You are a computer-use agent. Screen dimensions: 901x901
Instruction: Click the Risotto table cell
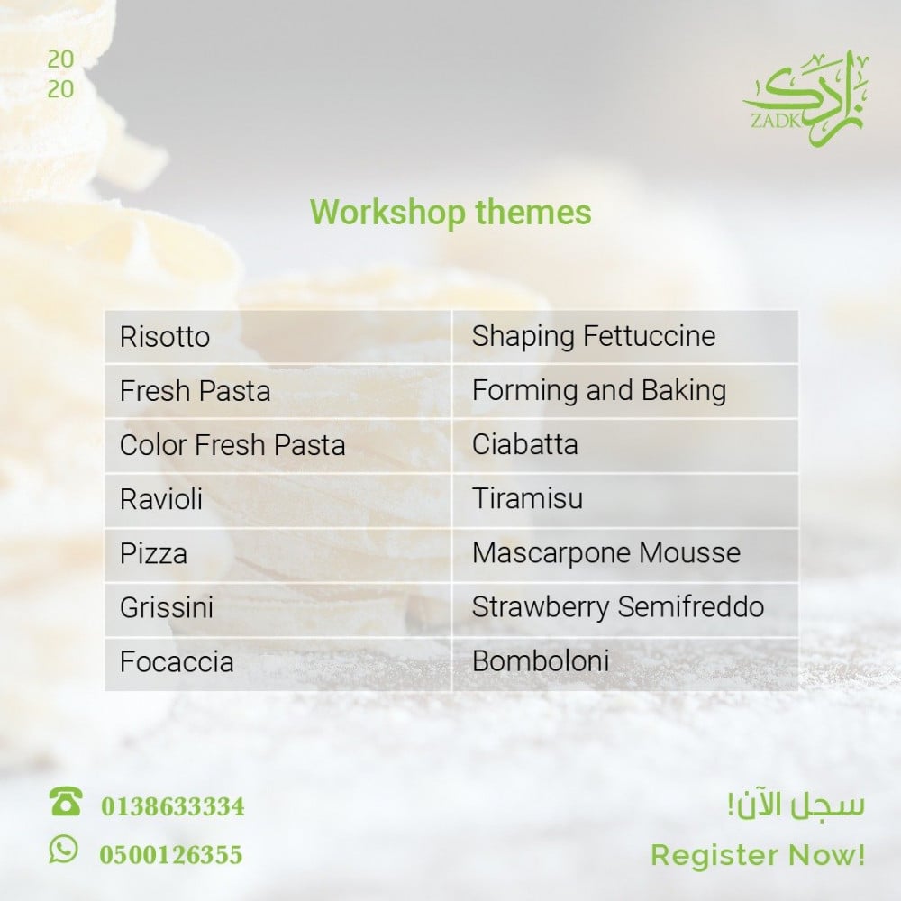pos(278,337)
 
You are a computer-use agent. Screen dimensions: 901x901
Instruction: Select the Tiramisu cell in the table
pos(625,499)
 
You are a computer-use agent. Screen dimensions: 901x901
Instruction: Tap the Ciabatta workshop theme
pos(625,445)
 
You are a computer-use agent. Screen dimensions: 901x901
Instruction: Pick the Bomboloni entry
pos(625,663)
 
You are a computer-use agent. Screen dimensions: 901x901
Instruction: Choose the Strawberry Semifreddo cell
pos(625,608)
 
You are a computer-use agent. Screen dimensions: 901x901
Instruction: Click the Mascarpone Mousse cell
pos(625,554)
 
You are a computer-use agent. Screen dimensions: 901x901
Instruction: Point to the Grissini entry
pos(278,608)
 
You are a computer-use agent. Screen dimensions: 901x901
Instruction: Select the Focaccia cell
pos(278,663)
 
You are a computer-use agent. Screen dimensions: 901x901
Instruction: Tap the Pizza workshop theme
pos(278,554)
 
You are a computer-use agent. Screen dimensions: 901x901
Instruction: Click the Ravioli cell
pos(278,499)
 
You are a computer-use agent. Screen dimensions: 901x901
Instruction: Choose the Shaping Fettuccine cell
pos(625,337)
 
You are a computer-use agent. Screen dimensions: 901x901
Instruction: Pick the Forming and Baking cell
pos(625,391)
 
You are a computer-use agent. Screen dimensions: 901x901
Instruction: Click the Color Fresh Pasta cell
pos(278,445)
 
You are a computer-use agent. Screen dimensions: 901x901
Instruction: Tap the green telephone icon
pos(66,802)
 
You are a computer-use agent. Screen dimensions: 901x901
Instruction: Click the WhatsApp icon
pos(63,849)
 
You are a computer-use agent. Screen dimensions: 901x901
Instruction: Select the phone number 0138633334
pos(173,806)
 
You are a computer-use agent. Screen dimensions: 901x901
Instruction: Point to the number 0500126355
pos(171,854)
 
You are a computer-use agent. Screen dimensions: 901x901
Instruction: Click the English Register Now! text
pos(758,855)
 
